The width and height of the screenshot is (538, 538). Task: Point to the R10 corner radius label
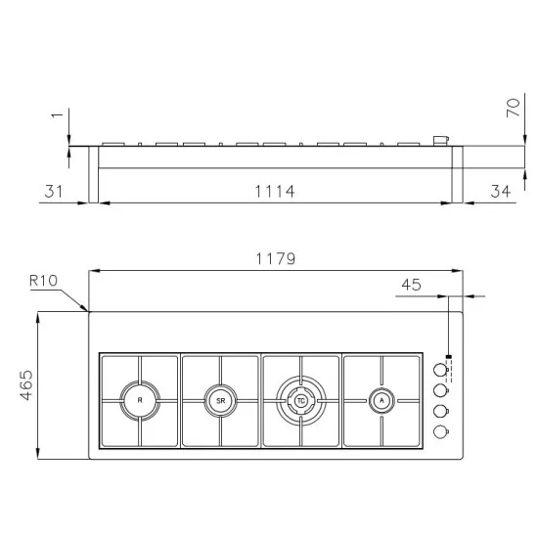point(44,281)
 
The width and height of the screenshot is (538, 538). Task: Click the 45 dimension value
point(411,285)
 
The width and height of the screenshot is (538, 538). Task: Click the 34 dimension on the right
point(499,191)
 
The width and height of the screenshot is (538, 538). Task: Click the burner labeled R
point(139,399)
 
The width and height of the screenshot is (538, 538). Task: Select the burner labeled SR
point(220,399)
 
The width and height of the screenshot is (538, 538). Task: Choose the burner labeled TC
point(300,399)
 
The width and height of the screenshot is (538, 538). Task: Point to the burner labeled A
point(381,399)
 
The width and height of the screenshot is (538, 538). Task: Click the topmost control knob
point(439,369)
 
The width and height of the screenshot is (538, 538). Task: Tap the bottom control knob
point(439,430)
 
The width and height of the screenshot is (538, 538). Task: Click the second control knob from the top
point(439,389)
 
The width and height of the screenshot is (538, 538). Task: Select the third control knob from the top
point(439,410)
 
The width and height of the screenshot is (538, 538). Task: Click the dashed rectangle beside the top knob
point(449,369)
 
